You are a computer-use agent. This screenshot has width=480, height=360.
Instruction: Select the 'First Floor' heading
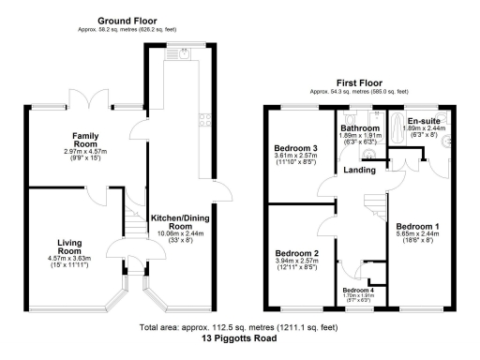coord(361,83)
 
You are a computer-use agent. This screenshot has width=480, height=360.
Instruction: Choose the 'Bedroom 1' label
coord(419,227)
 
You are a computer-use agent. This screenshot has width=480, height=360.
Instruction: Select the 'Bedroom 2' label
coord(296,254)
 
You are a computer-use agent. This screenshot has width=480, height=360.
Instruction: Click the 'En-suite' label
coord(424,121)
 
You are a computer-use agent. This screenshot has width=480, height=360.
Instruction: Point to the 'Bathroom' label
coord(359,127)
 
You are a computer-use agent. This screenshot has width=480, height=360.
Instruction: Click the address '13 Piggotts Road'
coord(240,342)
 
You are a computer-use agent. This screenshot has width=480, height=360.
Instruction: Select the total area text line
coord(240,330)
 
